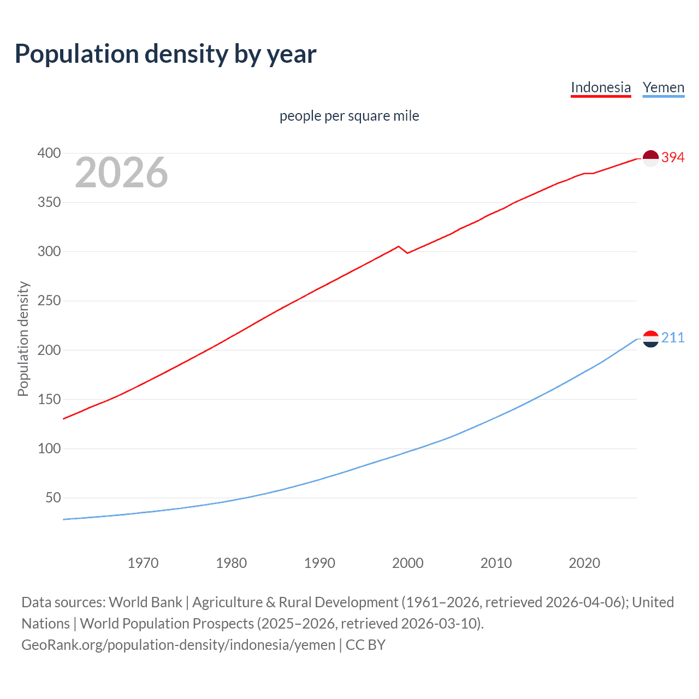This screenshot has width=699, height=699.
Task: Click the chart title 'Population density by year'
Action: click(165, 54)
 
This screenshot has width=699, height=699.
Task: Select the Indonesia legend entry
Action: click(601, 87)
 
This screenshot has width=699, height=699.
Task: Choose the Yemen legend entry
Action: click(664, 87)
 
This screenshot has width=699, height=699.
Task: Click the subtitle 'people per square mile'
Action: click(349, 116)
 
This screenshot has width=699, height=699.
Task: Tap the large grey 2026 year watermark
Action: click(121, 173)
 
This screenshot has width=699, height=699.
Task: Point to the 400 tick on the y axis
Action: click(49, 153)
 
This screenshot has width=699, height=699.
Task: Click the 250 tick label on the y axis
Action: click(49, 301)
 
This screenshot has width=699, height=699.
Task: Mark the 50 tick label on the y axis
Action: click(53, 497)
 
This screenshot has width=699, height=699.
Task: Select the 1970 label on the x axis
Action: click(143, 563)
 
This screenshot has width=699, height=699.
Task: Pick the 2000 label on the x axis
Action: click(408, 563)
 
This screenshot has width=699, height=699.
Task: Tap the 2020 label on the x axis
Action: click(584, 563)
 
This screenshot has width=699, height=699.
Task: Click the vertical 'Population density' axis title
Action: click(23, 339)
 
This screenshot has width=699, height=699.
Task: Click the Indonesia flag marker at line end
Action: click(650, 158)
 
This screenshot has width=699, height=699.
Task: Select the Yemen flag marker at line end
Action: click(650, 339)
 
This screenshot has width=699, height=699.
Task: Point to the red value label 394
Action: click(673, 158)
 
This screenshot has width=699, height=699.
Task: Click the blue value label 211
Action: click(673, 338)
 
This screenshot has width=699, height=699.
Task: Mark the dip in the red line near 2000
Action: click(407, 253)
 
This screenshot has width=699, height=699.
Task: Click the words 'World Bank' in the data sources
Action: click(145, 602)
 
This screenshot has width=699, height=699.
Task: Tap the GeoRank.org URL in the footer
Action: click(178, 645)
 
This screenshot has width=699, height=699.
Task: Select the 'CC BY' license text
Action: click(365, 645)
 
